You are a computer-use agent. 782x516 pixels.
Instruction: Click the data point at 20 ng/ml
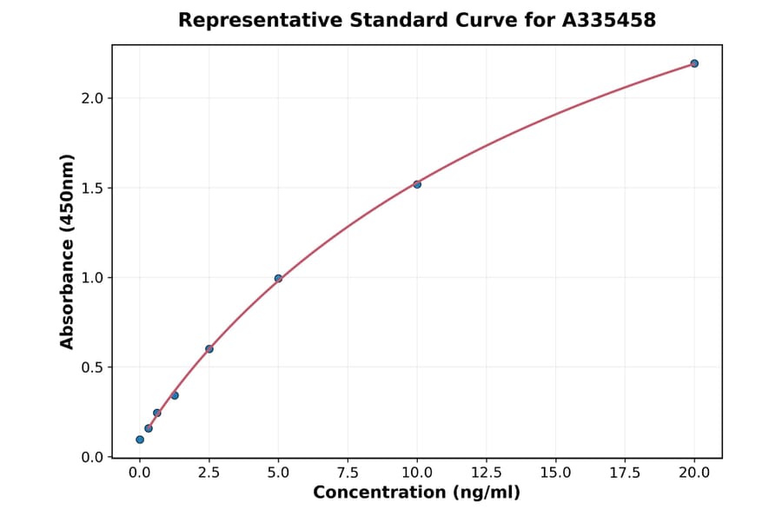tap(694, 63)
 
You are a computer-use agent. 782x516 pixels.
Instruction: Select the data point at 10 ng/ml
tap(417, 184)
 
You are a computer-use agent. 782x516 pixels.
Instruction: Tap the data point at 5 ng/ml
tap(278, 279)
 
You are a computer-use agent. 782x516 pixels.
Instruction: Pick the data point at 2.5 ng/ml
tap(209, 349)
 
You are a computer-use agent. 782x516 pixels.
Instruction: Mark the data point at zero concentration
tap(140, 440)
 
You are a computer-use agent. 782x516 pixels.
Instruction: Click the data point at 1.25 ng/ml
tap(175, 395)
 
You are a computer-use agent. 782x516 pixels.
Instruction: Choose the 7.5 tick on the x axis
tap(348, 473)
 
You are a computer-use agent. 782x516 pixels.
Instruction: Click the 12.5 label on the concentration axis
tap(487, 473)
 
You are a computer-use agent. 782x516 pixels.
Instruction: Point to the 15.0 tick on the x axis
tap(556, 473)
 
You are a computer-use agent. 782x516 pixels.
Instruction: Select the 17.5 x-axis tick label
tap(625, 473)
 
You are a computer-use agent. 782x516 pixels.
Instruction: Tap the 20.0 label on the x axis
tap(694, 473)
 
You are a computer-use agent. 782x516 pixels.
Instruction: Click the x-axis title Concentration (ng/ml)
tap(417, 493)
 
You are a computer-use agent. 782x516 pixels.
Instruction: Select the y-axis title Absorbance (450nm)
tap(68, 252)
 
